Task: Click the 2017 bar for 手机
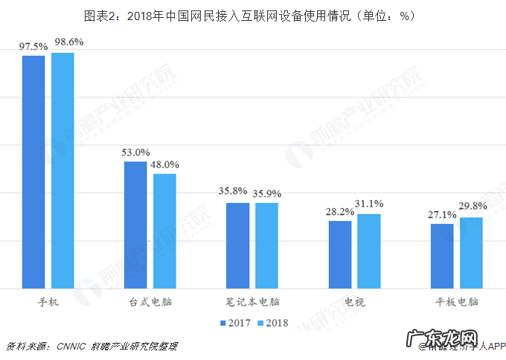coord(33,172)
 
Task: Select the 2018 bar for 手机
coord(62,170)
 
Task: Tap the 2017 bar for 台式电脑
coord(135,225)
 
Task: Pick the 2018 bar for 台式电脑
coord(164,231)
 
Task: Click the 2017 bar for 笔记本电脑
coord(238,245)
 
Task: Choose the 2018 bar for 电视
coord(368,251)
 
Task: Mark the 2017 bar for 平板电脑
coord(442,256)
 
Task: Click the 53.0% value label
coord(135,152)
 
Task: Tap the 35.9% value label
coord(267,193)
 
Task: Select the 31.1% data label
coord(370,204)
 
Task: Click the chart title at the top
coord(253,15)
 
